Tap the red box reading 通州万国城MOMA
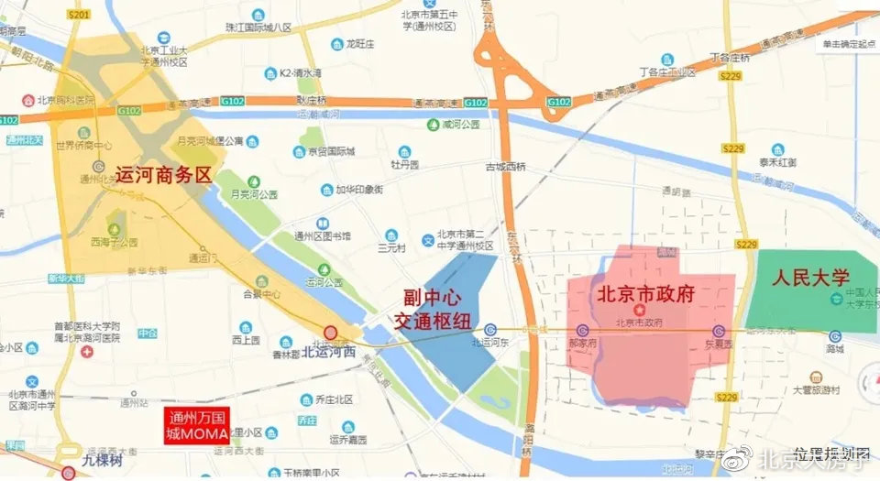(196, 426)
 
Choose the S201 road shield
(80, 15)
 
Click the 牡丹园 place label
(404, 165)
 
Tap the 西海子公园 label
(115, 242)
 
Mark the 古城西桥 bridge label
(506, 166)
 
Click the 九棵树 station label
(102, 461)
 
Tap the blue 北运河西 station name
(329, 350)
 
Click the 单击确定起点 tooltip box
(848, 44)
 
